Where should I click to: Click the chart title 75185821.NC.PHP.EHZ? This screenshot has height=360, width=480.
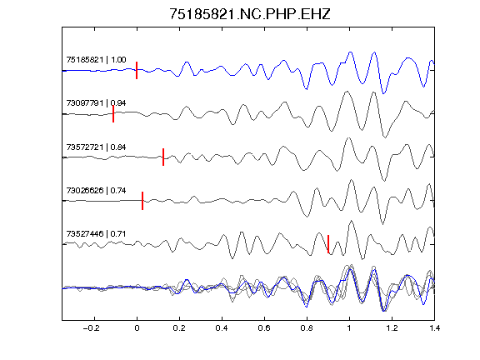coord(250,14)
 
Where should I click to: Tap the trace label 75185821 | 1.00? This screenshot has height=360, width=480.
coord(96,59)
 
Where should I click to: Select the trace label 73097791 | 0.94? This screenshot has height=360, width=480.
coord(96,102)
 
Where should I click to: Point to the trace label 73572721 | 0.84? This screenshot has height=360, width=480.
coord(96,147)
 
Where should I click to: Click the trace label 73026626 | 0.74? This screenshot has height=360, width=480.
coord(96,190)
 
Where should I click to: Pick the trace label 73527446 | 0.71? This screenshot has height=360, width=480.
coord(96,234)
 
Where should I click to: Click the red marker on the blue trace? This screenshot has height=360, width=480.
coord(137,70)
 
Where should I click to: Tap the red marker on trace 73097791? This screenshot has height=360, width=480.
coord(113,114)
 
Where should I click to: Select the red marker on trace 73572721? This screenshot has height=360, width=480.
coord(163,157)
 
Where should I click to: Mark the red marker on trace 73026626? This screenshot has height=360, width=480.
coord(142,201)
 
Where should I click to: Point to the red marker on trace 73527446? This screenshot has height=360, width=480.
coord(328,244)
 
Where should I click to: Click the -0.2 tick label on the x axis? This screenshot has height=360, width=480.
coord(92,328)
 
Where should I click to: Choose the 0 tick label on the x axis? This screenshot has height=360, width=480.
coord(137,328)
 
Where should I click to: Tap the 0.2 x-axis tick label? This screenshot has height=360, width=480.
coord(179,328)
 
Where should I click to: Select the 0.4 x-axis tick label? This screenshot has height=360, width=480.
coord(222,328)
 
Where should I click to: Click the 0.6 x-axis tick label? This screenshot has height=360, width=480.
coord(264,328)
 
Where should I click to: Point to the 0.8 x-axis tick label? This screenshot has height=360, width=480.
coord(307,328)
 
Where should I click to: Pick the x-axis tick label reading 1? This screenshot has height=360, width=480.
coord(349,328)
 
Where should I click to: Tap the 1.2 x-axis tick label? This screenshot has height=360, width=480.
coord(392,328)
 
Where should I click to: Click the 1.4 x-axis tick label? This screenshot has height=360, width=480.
coord(434,328)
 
